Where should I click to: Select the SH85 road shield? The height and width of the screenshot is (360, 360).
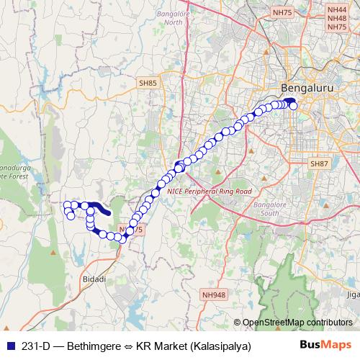tap(148, 84)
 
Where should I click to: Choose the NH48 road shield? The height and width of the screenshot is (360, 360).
tap(336, 17)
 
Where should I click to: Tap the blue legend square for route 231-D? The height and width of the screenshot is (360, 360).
tap(9, 346)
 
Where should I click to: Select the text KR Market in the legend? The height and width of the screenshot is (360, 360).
tap(159, 346)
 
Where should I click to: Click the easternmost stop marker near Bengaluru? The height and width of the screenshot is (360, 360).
tap(294, 107)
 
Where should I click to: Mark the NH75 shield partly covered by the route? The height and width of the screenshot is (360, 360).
tap(132, 230)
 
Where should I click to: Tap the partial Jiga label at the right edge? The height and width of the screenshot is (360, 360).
tap(352, 294)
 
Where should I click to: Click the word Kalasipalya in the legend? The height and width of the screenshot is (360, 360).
tap(218, 346)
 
